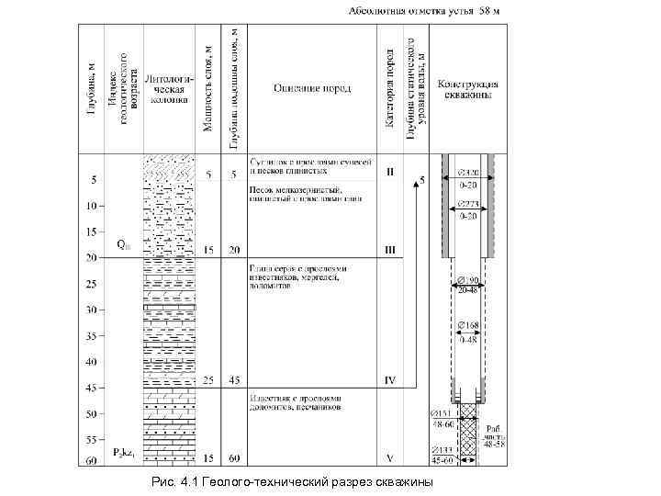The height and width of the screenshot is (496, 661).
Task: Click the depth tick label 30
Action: point(91,310)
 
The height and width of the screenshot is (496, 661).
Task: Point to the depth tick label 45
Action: point(91,389)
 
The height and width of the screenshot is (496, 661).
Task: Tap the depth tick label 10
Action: point(91,205)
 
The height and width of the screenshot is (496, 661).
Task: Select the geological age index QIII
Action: point(123,245)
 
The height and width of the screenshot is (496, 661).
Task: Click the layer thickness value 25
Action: point(208,379)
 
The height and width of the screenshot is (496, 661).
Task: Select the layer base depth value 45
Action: point(235,379)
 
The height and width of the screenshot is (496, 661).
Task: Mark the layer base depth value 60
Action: point(235,457)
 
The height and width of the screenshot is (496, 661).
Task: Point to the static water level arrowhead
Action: point(417,182)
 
